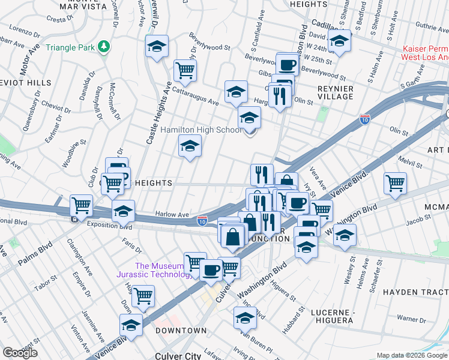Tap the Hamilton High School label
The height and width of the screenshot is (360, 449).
click(200, 130)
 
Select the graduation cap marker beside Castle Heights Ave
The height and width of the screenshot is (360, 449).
click(157, 46)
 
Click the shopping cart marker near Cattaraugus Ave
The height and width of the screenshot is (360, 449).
click(185, 71)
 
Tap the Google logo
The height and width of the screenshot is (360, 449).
click(20, 353)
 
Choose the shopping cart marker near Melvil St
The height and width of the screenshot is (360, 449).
click(394, 184)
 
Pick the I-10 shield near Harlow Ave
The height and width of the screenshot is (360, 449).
click(203, 222)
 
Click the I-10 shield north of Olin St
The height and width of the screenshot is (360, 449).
click(364, 120)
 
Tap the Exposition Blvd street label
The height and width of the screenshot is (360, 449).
click(109, 226)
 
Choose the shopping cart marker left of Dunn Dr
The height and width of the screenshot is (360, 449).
click(143, 296)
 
